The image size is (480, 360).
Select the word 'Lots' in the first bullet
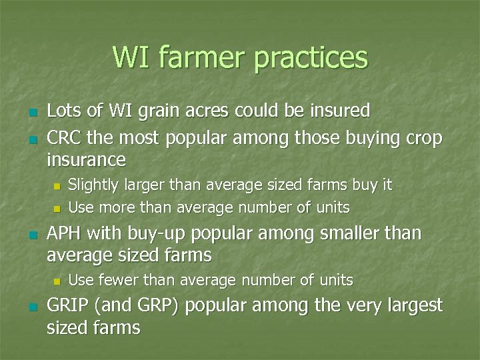click(x=65, y=110)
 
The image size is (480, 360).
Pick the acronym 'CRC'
click(x=65, y=138)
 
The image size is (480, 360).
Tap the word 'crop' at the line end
click(x=423, y=139)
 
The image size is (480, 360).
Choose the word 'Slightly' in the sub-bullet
click(x=93, y=185)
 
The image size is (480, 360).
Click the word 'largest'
click(x=411, y=307)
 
